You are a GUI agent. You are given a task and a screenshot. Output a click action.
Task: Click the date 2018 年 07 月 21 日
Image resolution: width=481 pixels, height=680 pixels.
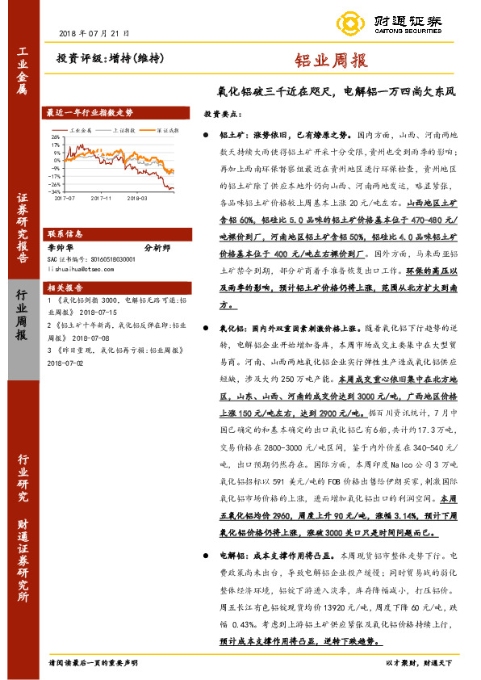[x=94, y=33]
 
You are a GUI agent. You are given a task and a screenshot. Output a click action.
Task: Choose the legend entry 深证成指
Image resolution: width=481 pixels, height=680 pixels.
[x=166, y=128]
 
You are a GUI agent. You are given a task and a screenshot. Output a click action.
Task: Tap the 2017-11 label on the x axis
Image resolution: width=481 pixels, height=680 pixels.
[x=102, y=196]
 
